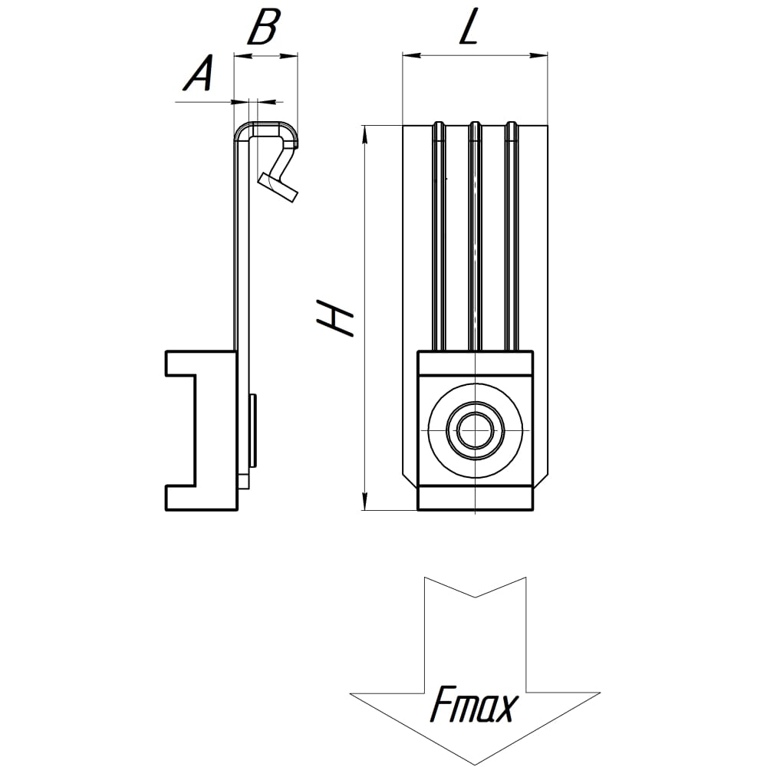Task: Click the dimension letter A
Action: [199, 74]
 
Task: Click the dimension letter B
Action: [264, 26]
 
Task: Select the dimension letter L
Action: [468, 27]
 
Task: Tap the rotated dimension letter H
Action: [335, 318]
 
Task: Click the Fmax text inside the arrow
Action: [473, 704]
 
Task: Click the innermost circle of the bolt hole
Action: [475, 430]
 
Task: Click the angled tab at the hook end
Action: [278, 187]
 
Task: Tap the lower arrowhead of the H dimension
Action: [364, 501]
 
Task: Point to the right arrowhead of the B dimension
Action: [288, 56]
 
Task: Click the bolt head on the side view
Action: [252, 430]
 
